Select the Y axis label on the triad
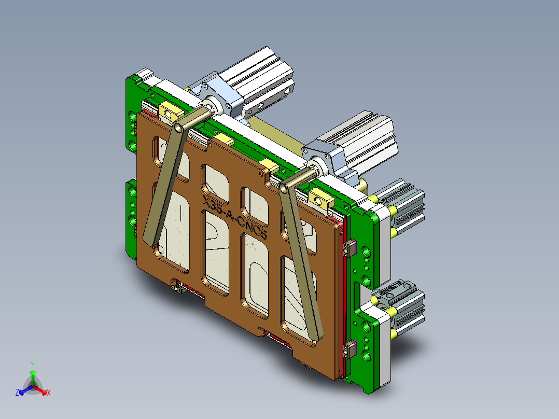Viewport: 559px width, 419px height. [32, 364]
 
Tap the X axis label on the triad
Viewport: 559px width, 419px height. [49, 393]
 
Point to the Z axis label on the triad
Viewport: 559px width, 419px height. [17, 393]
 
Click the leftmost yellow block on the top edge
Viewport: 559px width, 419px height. [171, 111]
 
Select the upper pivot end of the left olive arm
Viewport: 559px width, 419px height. [178, 126]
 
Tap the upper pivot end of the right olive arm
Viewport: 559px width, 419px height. [285, 187]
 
